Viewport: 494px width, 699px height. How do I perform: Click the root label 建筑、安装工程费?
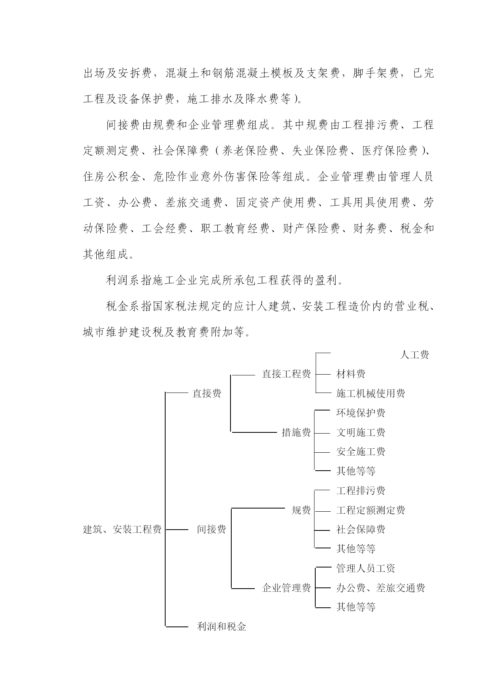coord(122,529)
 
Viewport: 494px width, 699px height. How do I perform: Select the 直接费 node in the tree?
coord(207,393)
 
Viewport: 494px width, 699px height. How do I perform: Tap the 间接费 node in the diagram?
coord(211,529)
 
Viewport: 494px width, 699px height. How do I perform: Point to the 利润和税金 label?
coord(222,626)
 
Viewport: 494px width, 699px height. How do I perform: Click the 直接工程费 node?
coord(286,374)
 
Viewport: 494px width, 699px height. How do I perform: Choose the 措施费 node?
coord(296,432)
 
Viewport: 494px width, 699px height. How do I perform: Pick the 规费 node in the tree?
coord(301,510)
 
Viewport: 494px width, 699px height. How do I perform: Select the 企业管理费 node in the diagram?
coord(286,588)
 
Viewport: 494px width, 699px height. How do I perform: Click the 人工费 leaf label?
coord(414,355)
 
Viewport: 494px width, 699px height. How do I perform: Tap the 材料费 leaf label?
coord(351,374)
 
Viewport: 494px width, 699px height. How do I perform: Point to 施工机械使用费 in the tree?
coord(371,393)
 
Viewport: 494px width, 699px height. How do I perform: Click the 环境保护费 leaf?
coord(361,413)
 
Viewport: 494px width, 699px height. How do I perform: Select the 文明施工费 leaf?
coord(361,432)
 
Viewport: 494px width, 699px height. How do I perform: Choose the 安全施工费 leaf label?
coord(361,452)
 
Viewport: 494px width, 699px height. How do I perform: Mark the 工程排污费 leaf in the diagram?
coord(361,491)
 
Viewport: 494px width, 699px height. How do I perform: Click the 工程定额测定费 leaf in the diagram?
coord(371,510)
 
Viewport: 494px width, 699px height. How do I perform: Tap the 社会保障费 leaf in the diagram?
coord(361,529)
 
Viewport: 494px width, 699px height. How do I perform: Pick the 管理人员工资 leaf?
coord(365,568)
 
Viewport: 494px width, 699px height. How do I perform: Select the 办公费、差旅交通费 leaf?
coord(381,588)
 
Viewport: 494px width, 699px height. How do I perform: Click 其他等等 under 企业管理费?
coord(356,607)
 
